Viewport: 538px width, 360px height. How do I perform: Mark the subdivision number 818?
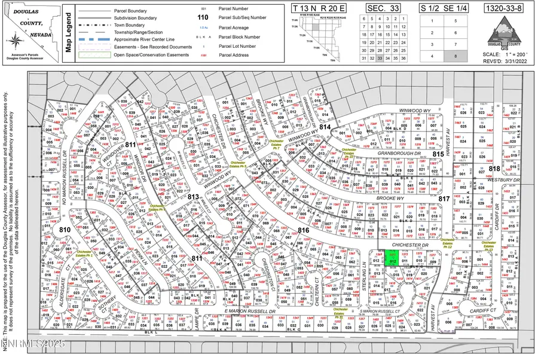[x=494, y=169]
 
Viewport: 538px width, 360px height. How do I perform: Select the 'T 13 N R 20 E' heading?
[x=319, y=8]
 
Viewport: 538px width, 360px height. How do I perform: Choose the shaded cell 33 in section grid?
[x=380, y=58]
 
